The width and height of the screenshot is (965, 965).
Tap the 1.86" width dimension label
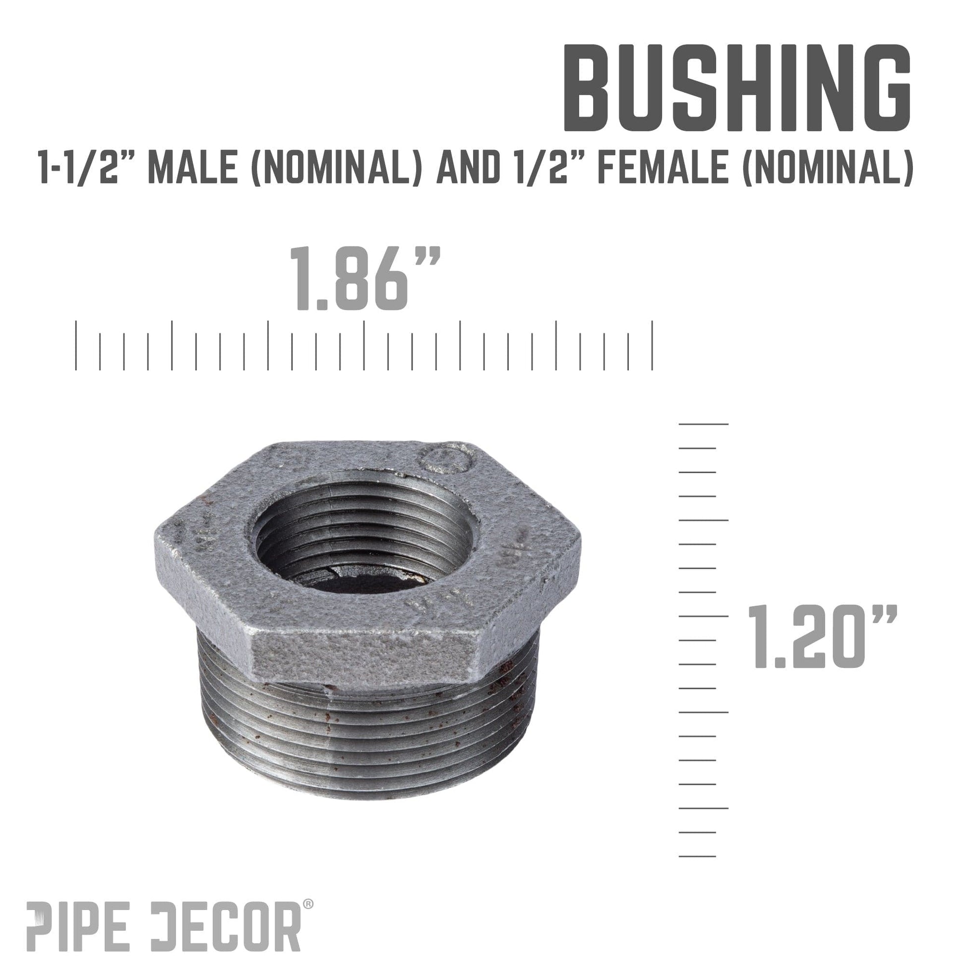click(x=364, y=279)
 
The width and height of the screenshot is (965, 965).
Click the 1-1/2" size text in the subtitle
click(x=89, y=170)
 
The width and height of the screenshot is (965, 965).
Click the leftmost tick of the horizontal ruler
click(x=76, y=345)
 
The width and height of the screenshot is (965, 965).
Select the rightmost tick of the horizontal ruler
click(x=652, y=345)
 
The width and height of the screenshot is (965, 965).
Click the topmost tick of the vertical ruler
click(x=703, y=424)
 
